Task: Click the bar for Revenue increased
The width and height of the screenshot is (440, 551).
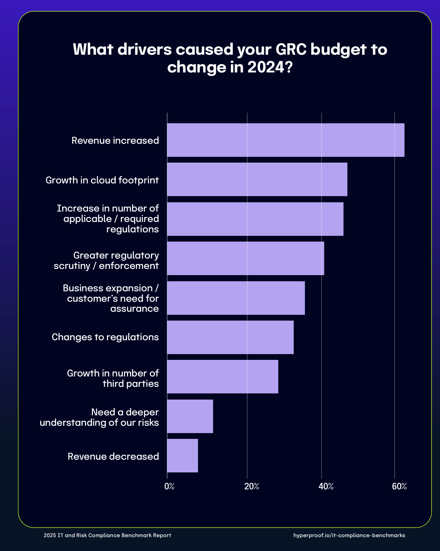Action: pos(286,140)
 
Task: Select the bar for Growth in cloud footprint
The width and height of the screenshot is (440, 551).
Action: pos(257,179)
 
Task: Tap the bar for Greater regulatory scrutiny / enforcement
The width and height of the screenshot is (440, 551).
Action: pos(245,258)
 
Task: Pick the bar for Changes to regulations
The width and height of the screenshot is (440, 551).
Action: pos(230,337)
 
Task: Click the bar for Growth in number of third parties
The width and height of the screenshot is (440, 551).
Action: pos(223,376)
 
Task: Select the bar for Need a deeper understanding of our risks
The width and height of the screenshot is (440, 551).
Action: pos(190,416)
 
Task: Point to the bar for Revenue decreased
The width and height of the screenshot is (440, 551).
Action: pos(183,455)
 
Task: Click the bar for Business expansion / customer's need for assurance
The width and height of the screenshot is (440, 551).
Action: pos(236,298)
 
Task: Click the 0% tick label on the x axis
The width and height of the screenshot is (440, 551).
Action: pos(169,486)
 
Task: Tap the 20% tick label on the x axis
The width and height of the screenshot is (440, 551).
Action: pos(252,486)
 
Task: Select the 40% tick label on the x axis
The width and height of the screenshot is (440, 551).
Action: pos(326,486)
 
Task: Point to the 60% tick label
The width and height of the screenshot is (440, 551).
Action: pos(399,486)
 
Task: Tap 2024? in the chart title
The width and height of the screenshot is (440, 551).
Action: pos(269,67)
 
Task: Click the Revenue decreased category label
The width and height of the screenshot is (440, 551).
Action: pos(113,457)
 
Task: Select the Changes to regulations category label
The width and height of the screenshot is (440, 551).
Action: pos(105,337)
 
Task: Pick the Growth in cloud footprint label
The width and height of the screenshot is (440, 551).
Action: pos(102,180)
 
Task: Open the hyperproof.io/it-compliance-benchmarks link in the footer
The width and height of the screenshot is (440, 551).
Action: pos(349,535)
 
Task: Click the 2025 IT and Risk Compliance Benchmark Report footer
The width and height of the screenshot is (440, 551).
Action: pos(107,535)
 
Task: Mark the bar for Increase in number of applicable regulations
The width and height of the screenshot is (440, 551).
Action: pos(255,219)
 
